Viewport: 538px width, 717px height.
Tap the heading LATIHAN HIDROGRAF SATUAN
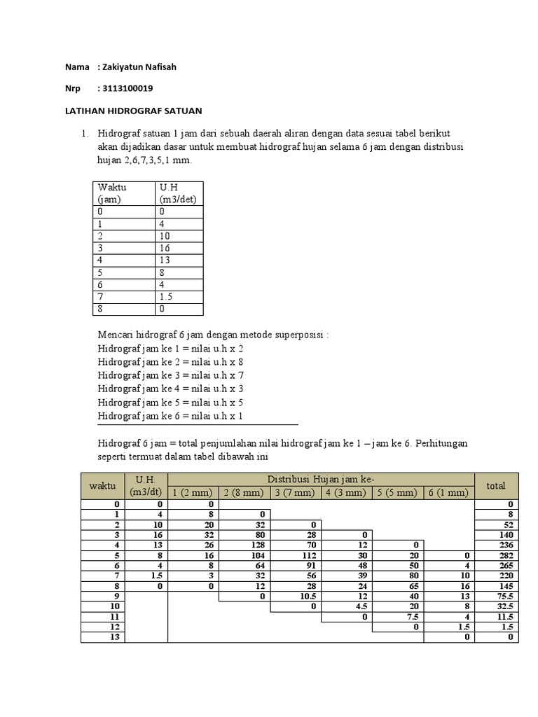click(x=133, y=111)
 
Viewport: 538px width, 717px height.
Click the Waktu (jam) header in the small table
click(x=113, y=193)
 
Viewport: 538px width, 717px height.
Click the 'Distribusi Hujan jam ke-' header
click(x=320, y=478)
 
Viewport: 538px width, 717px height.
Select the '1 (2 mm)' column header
click(x=193, y=492)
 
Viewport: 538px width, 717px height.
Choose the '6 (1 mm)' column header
click(x=448, y=492)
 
